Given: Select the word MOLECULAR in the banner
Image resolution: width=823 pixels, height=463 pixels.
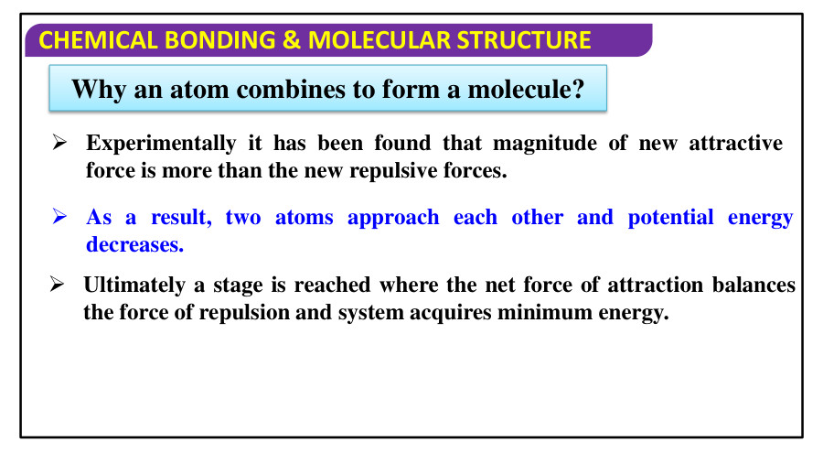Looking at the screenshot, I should click(379, 40).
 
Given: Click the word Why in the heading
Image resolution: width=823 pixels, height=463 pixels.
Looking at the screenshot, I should click(95, 90).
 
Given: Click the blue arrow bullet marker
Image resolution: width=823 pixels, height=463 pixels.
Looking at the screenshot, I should click(61, 218).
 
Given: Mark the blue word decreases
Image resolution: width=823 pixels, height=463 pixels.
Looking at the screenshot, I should click(135, 244).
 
